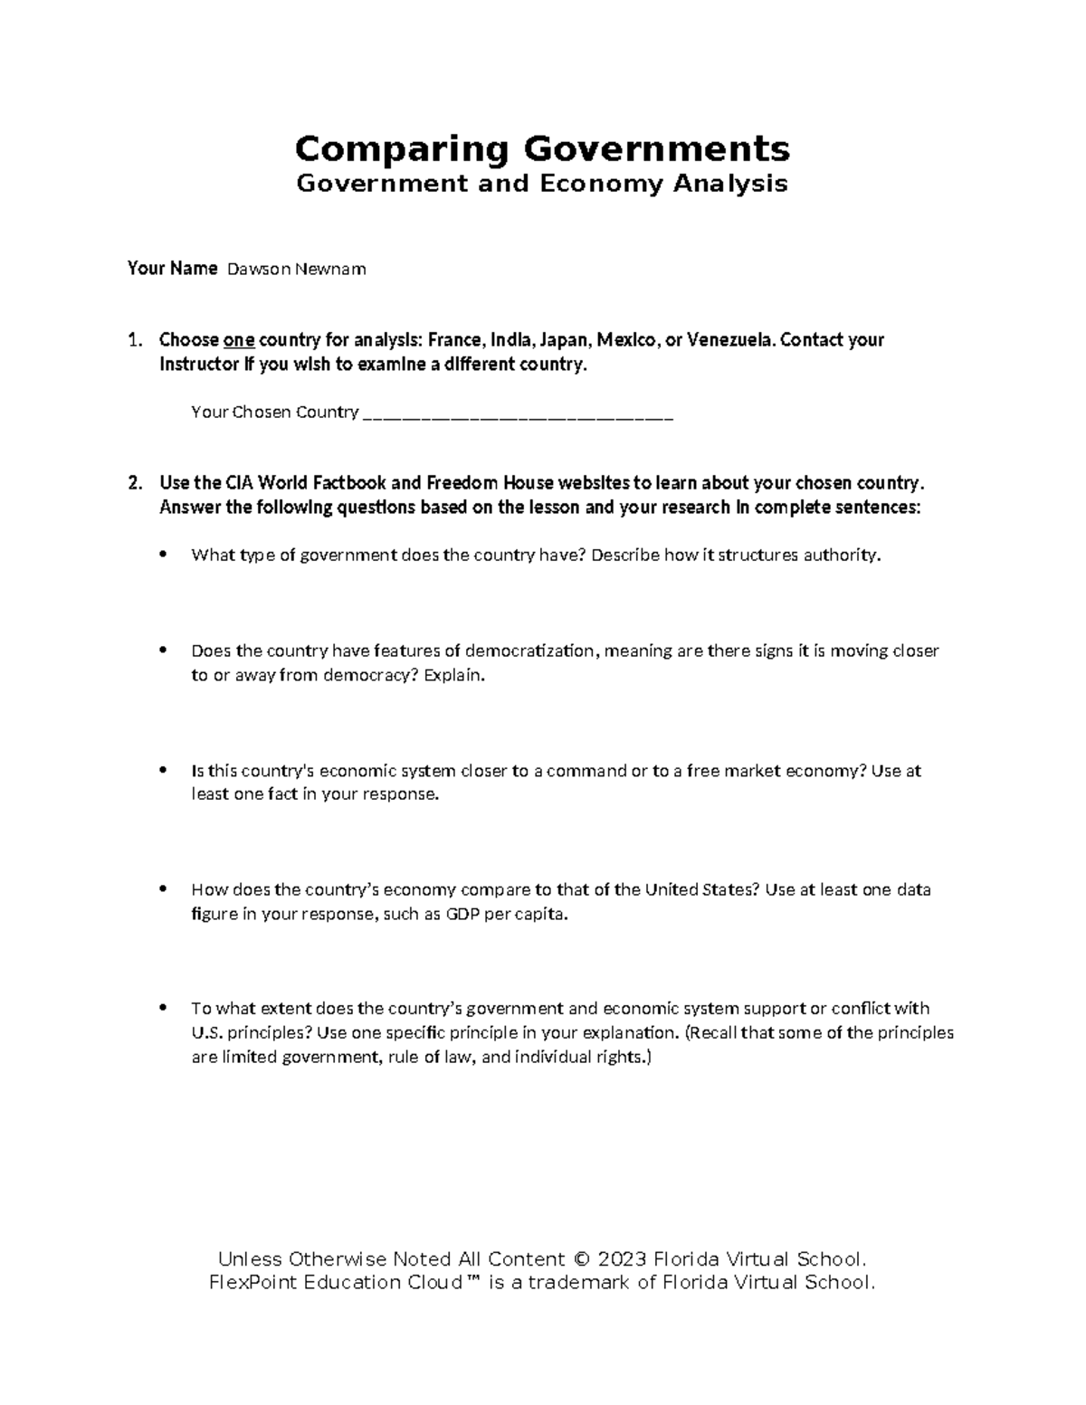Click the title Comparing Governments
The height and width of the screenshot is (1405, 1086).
coord(542,147)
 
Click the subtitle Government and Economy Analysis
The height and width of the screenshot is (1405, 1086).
coord(542,184)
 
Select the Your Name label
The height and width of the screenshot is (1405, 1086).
coord(172,268)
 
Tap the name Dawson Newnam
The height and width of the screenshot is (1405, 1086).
coord(296,269)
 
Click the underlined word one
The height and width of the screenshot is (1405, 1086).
coord(238,340)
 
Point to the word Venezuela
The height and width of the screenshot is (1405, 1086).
coord(730,340)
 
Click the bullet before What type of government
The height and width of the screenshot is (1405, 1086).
coord(163,555)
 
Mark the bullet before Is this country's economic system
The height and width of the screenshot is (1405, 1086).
coord(163,771)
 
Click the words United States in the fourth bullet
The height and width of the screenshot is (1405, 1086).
coord(697,889)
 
